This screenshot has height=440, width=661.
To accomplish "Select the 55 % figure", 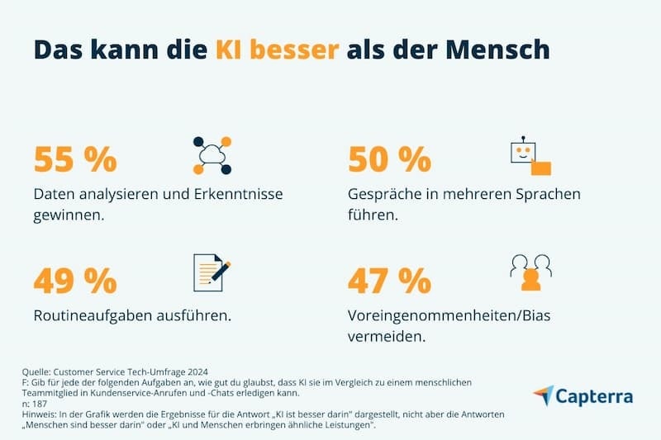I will (x=75, y=158).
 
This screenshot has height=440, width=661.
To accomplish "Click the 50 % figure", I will (x=389, y=158).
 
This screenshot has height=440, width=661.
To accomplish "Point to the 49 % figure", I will (x=75, y=281).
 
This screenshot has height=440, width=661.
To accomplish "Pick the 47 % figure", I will (x=389, y=281).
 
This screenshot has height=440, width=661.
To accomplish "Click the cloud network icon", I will (x=212, y=155).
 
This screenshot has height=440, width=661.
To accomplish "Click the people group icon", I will (x=530, y=273).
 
